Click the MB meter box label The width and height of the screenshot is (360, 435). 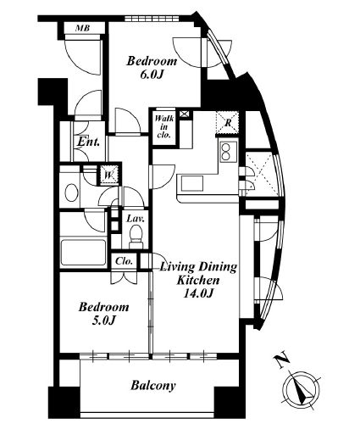point(83,28)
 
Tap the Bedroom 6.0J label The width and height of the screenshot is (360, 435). point(152,68)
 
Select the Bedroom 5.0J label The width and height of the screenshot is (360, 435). point(103,314)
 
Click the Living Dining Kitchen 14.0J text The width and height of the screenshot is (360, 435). point(198,280)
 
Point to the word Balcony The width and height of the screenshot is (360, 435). point(153,386)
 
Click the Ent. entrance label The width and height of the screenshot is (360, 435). point(89,142)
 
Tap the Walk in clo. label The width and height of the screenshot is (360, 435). point(164,126)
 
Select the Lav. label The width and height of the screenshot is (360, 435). point(136,219)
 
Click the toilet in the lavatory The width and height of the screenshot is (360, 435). point(136,236)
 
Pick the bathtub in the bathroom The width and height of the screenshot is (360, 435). point(83,253)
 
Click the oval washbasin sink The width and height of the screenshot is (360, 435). point(71,192)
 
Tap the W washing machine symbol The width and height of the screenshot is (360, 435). point(109,176)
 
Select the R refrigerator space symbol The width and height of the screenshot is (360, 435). point(227,122)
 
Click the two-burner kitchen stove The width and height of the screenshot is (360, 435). point(226,152)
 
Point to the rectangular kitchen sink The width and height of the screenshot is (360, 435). point(192,183)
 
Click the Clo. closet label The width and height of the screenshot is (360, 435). point(125,261)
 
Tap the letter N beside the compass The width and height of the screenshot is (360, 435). point(282,361)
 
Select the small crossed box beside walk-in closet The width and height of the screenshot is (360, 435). point(184,114)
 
